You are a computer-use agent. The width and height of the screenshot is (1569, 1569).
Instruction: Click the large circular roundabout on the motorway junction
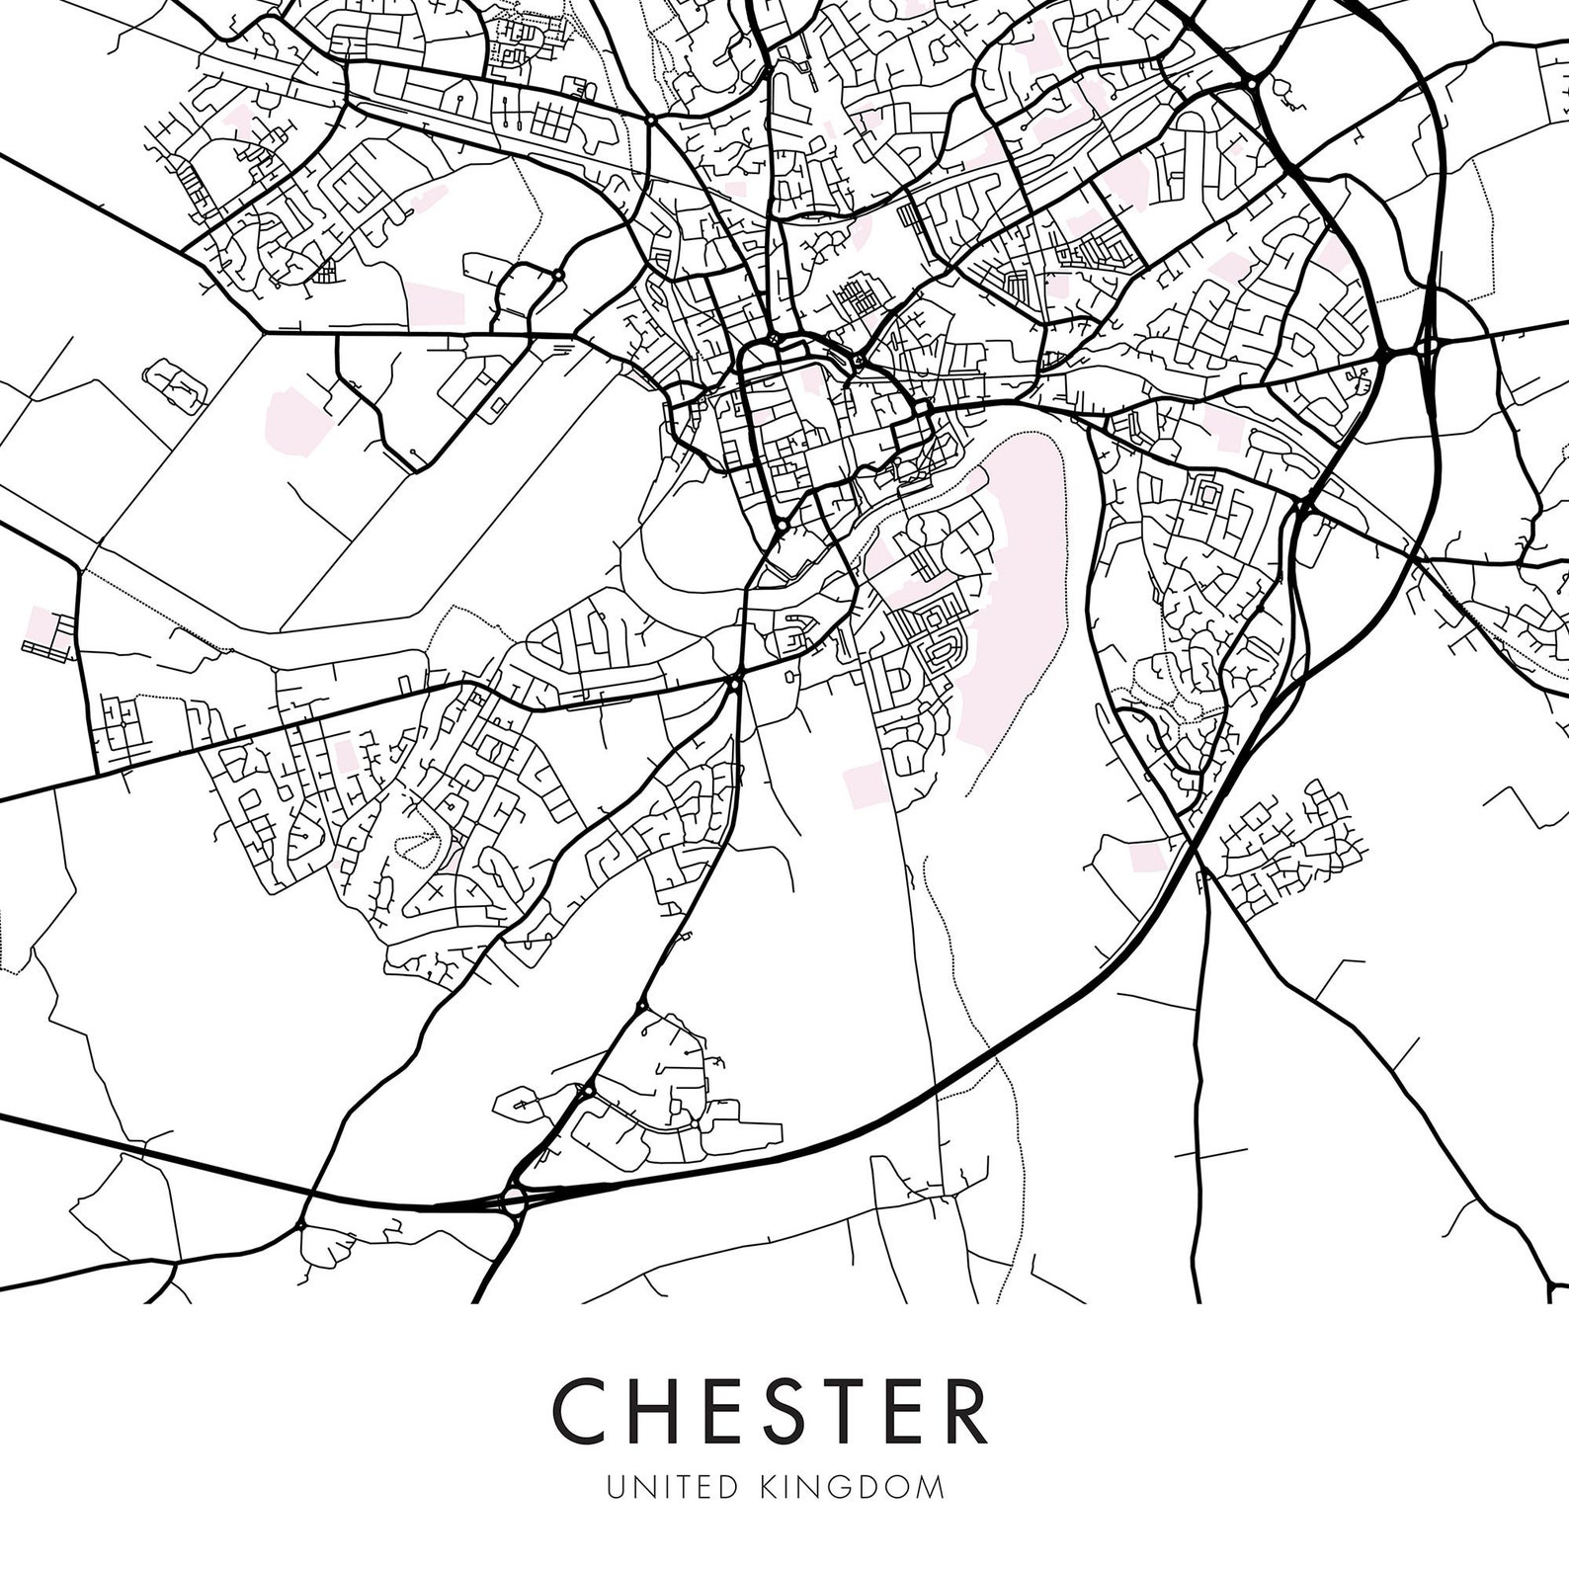click(513, 1202)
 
